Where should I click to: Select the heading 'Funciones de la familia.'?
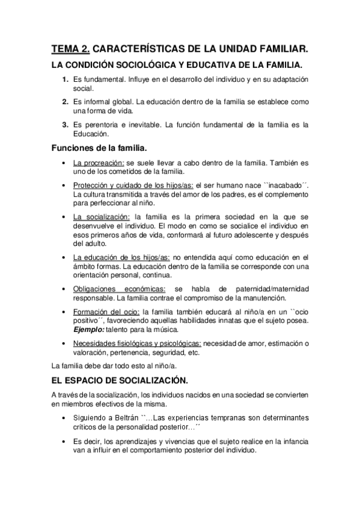[99, 147]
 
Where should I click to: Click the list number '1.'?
[66, 79]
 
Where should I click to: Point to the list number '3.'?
[66, 124]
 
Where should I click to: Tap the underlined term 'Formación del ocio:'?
[106, 312]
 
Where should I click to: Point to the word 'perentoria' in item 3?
[103, 124]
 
